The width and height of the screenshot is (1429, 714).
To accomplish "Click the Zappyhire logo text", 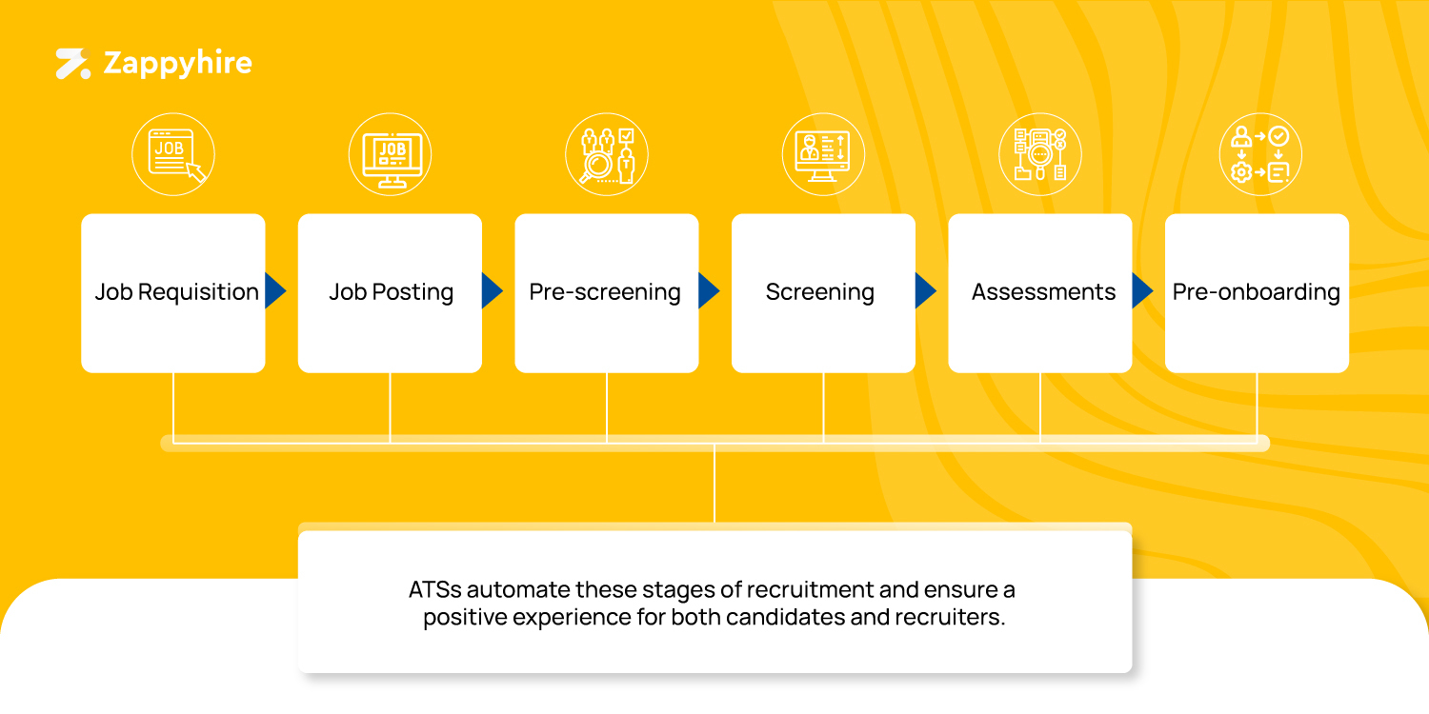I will click(177, 64).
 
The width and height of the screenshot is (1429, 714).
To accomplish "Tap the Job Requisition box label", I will click(176, 291).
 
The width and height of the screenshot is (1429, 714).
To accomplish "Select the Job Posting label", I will click(391, 291).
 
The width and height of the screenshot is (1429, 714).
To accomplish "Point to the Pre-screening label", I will click(605, 291).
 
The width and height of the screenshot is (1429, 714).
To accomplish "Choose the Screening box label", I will click(820, 291).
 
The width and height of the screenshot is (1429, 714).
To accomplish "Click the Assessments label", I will click(1043, 291).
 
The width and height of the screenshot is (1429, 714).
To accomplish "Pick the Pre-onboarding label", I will click(1256, 291).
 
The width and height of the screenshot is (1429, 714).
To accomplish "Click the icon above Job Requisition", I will click(173, 155).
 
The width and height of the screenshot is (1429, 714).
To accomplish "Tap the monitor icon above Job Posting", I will click(391, 155).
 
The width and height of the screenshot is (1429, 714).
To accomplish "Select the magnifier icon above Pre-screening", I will click(607, 155).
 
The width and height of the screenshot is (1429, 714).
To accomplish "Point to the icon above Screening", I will click(823, 155).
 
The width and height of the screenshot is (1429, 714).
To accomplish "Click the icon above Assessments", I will click(1040, 155).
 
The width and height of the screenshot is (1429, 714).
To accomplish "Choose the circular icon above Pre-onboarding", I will click(1260, 155).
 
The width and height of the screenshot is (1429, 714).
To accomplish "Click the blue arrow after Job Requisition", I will click(274, 291).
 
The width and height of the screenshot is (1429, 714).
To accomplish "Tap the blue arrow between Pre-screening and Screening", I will click(708, 291).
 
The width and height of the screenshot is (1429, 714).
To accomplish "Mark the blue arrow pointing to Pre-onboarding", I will click(1141, 291).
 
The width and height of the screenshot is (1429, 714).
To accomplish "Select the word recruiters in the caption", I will click(949, 617).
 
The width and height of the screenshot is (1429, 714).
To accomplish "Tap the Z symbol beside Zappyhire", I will click(72, 64).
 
